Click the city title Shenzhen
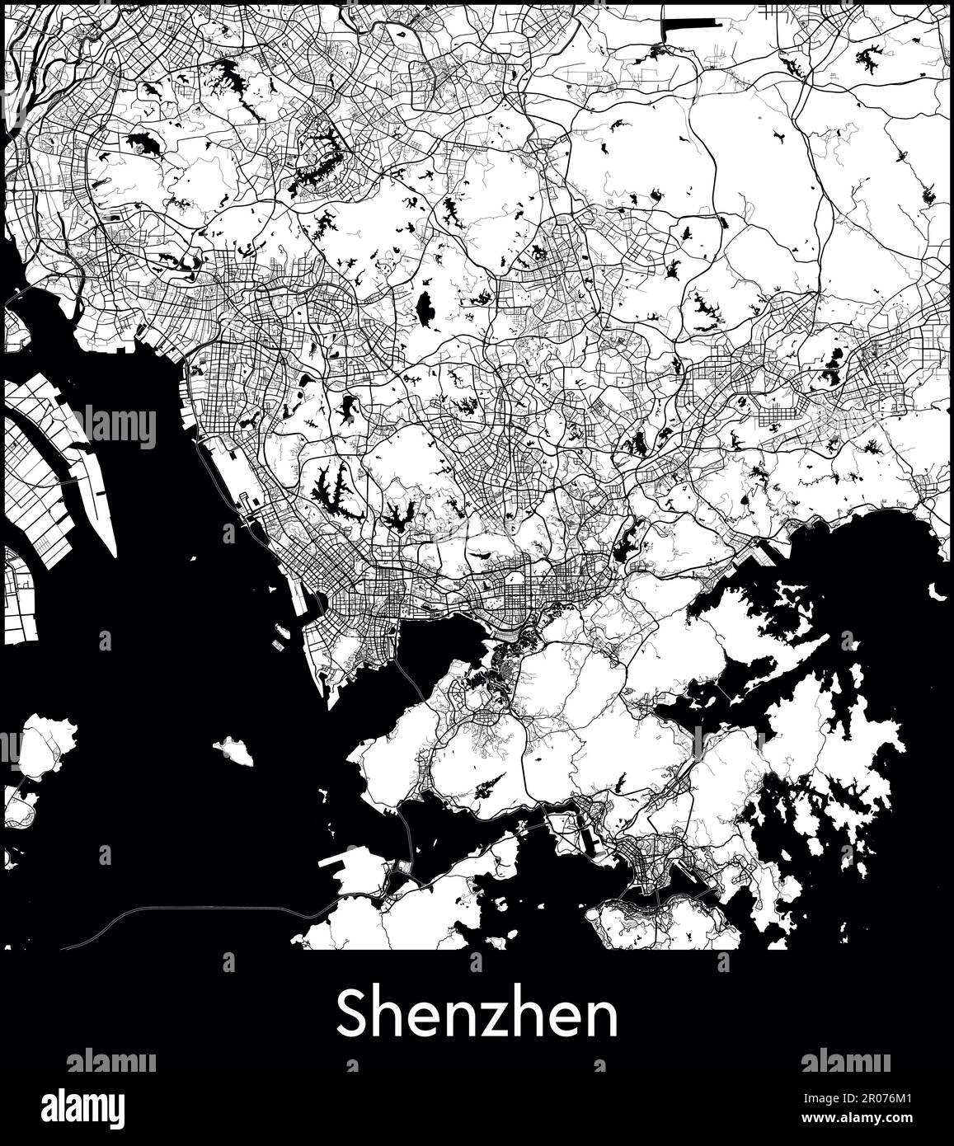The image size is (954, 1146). (x=477, y=1016)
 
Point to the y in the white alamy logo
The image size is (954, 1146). (x=116, y=1109)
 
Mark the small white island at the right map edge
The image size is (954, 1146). (x=938, y=591)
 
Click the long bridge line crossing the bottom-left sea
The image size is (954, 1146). (x=198, y=909)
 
